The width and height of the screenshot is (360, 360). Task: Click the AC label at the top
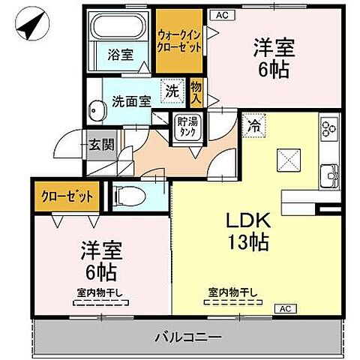[221, 14]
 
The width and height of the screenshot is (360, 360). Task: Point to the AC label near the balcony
[286, 308]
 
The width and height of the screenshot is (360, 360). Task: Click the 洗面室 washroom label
[131, 97]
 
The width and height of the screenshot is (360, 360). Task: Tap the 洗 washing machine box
[173, 92]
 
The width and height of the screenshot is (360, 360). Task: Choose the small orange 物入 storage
[196, 92]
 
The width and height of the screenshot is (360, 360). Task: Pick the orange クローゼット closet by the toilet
[67, 196]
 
